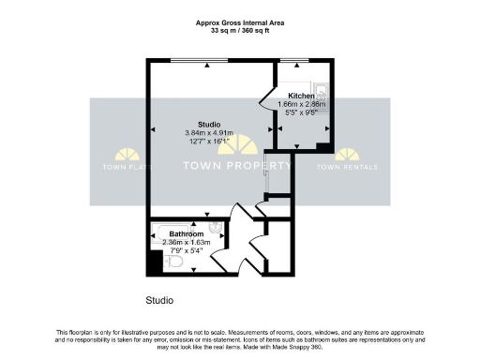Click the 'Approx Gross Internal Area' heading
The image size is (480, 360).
239,21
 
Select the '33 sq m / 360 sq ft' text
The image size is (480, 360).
239,29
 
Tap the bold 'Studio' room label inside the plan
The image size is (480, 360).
207,124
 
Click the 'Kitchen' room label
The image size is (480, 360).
301,96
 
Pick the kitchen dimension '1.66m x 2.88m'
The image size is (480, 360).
301,104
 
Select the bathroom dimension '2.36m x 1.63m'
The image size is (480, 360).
187,243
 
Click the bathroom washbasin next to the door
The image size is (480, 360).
215,227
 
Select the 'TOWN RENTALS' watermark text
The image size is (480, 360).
347,168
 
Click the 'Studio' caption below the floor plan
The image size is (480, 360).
159,301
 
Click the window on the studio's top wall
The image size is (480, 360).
199,62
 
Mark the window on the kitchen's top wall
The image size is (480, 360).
294,62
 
